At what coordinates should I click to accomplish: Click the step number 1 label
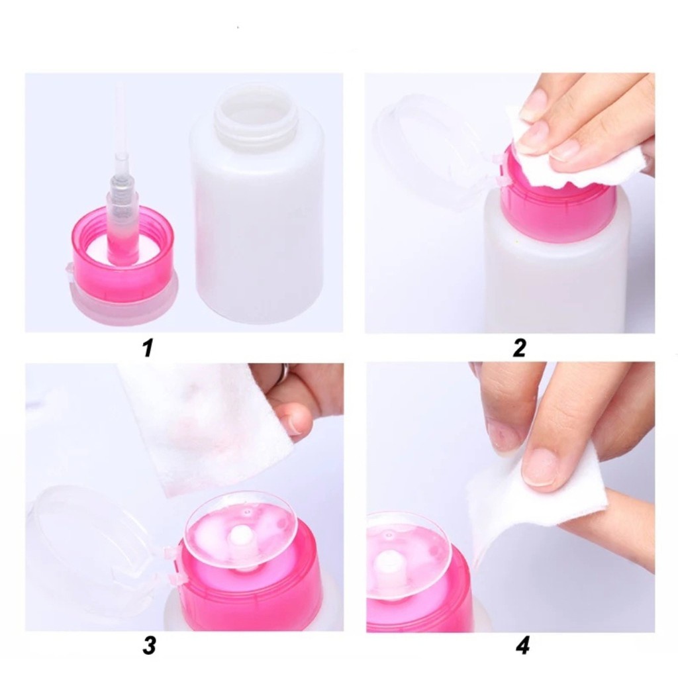click(x=148, y=348)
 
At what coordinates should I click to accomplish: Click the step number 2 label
click(x=519, y=348)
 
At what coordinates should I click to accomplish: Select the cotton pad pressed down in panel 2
click(x=596, y=159)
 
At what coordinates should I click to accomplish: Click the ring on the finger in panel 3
click(x=283, y=375)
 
